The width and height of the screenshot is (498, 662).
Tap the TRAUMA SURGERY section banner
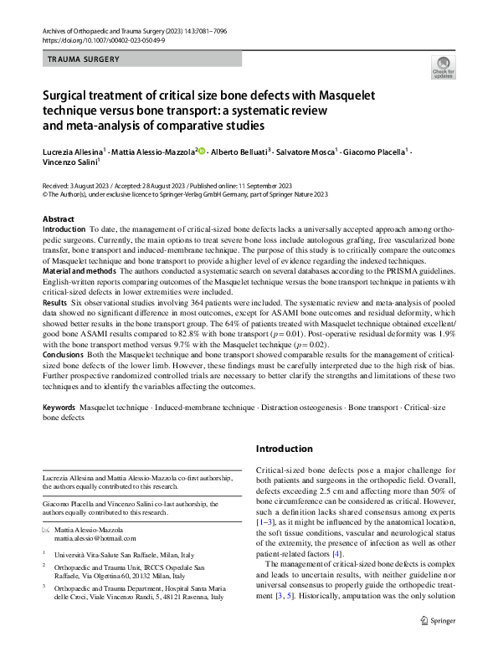pyautogui.click(x=84, y=59)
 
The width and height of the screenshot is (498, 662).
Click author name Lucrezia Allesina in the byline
pyautogui.click(x=74, y=153)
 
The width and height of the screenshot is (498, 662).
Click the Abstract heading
pyautogui.click(x=58, y=218)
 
